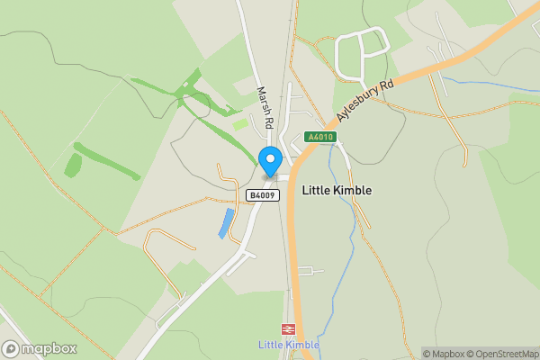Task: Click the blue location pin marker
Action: pos(269,161)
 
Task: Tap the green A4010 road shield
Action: pos(319,137)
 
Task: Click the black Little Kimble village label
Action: pos(336,190)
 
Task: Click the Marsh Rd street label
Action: pos(265,107)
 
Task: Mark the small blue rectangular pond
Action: pos(227,222)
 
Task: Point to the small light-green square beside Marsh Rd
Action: pos(240,124)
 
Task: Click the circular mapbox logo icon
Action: pos(12,348)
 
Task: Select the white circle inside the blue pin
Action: pos(269,157)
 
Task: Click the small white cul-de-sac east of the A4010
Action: pos(310,271)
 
